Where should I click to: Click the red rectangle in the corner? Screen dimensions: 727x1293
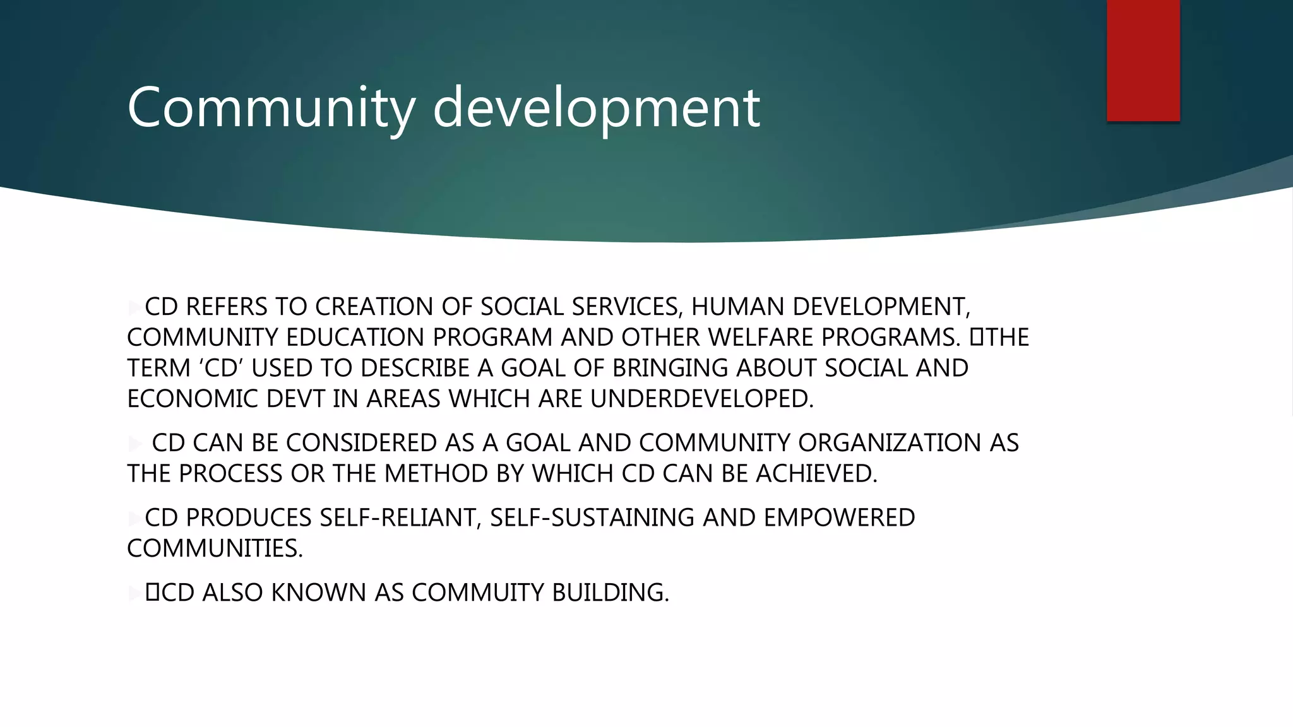pos(1143,60)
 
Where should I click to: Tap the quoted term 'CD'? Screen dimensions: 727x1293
pos(217,368)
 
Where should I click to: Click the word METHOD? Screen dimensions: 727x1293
pos(436,474)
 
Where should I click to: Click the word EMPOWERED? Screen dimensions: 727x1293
pos(839,517)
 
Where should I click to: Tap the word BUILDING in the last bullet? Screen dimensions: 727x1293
pos(610,593)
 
